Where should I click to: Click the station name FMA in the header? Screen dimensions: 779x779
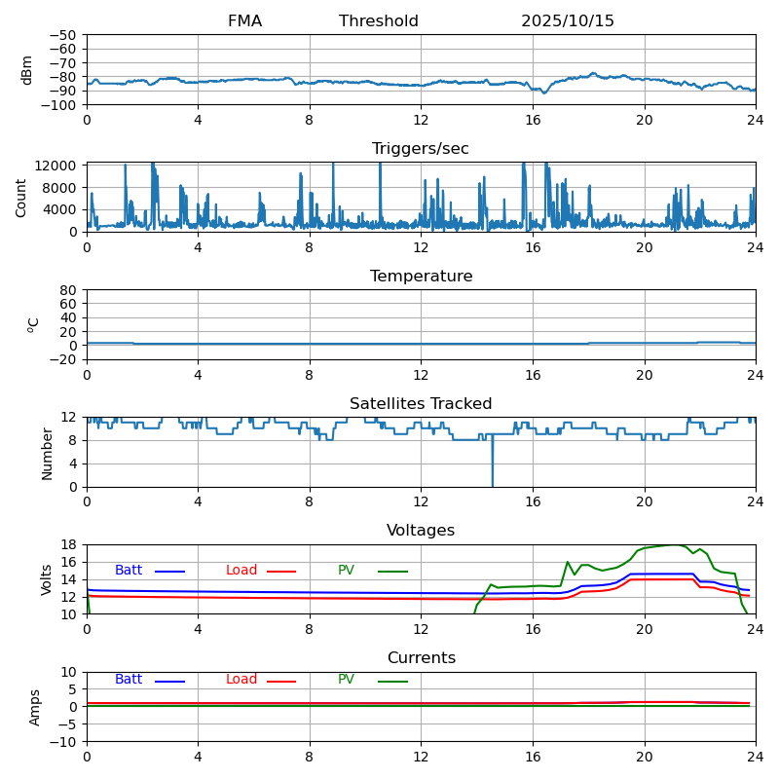[244, 21]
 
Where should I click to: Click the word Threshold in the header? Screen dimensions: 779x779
[379, 21]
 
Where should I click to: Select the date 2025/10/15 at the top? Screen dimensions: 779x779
[568, 21]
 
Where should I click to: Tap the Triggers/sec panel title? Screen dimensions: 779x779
[421, 149]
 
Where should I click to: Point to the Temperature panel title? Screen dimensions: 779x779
[421, 277]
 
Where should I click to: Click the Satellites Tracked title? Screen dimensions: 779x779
[421, 404]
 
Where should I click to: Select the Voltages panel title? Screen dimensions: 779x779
[421, 531]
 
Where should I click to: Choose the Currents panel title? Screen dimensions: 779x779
[421, 658]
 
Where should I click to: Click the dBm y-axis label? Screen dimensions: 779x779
[27, 70]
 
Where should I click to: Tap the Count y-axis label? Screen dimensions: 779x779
[21, 197]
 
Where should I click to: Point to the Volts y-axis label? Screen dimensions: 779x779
[47, 579]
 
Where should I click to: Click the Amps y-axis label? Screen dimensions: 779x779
[35, 707]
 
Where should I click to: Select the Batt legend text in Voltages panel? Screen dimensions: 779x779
[129, 571]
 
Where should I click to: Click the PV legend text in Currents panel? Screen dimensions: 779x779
[346, 680]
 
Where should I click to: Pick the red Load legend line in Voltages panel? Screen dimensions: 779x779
[281, 572]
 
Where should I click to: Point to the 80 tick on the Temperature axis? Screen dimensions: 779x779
[69, 290]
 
